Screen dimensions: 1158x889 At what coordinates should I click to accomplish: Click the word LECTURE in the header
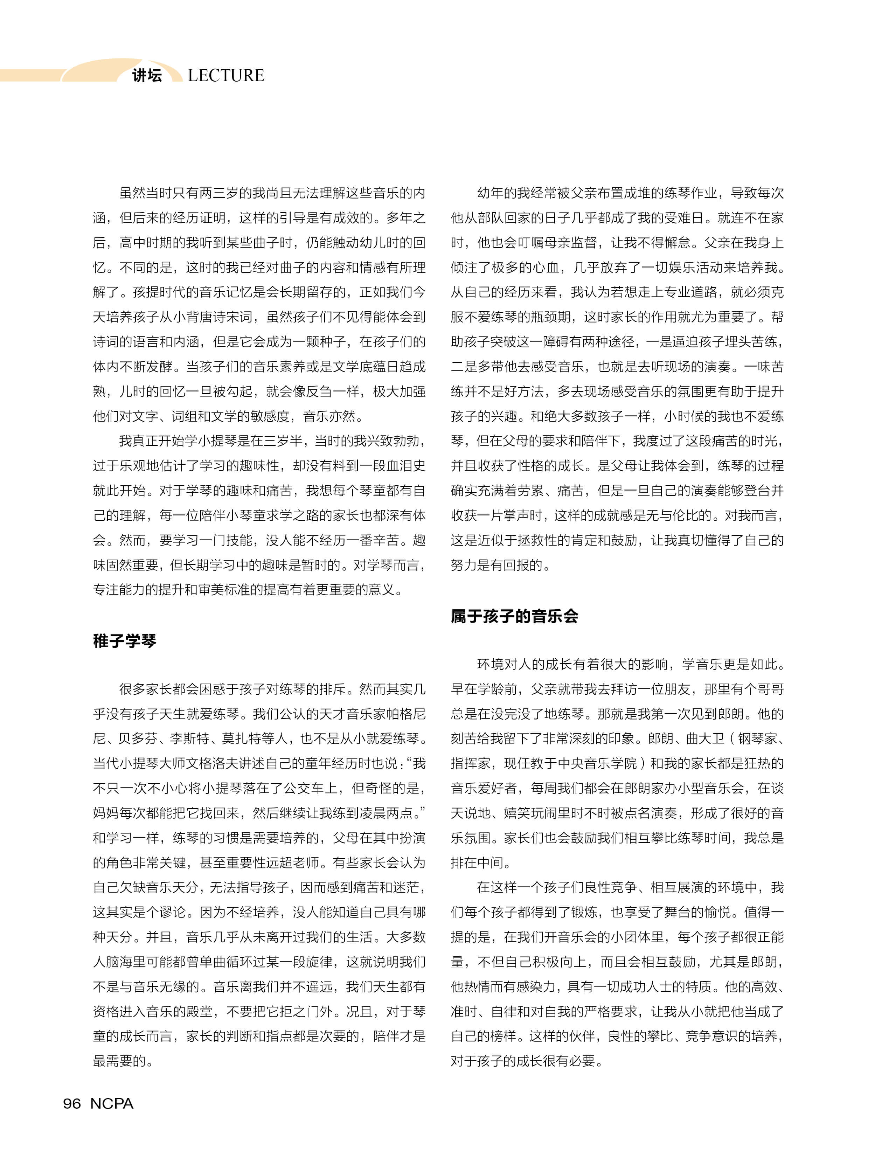pos(226,76)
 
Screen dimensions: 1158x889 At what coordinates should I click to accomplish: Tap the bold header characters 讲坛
pos(147,76)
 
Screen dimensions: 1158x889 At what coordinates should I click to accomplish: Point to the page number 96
pos(72,1103)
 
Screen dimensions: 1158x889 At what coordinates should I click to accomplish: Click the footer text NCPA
pos(112,1103)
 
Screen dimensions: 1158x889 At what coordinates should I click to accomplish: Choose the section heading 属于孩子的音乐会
pos(514,616)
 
